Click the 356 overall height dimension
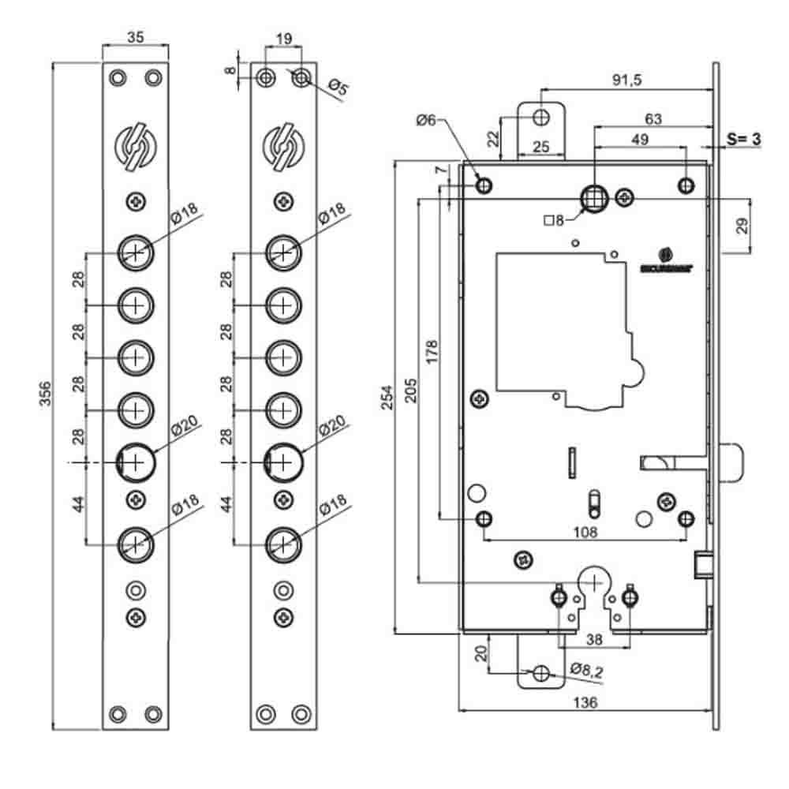click(x=45, y=392)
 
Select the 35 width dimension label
click(x=134, y=36)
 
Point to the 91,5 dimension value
click(x=626, y=80)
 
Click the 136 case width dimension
click(x=585, y=701)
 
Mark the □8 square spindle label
click(x=555, y=220)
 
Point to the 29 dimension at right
click(x=742, y=226)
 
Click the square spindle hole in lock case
click(x=593, y=197)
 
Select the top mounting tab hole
click(x=541, y=117)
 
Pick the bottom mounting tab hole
click(x=541, y=673)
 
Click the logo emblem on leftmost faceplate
click(x=136, y=147)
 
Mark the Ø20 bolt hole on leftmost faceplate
click(x=136, y=461)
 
